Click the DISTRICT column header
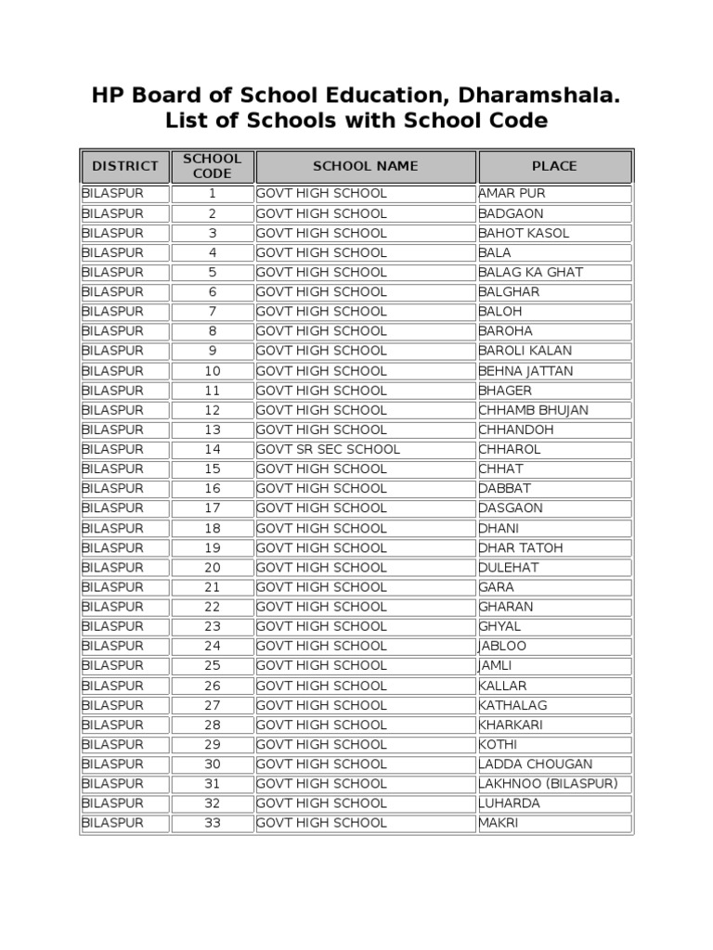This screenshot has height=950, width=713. (x=124, y=166)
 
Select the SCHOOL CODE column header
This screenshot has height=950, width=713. (x=212, y=166)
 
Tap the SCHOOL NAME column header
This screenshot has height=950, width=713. (x=365, y=166)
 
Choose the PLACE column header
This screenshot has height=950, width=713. (x=554, y=166)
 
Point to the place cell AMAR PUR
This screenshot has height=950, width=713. (x=512, y=194)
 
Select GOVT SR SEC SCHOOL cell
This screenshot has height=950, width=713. (x=329, y=449)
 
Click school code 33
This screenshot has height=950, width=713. (x=212, y=823)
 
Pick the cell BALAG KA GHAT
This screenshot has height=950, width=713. (x=530, y=273)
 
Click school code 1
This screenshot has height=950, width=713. (x=212, y=194)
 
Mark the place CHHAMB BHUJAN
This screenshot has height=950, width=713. (x=533, y=410)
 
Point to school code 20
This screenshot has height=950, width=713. (x=212, y=568)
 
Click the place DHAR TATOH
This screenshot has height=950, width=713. (x=520, y=548)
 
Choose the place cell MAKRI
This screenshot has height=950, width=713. (x=499, y=823)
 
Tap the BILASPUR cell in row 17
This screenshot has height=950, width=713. (x=113, y=508)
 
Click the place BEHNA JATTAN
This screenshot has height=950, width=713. (x=525, y=371)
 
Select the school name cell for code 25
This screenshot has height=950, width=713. (x=321, y=666)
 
